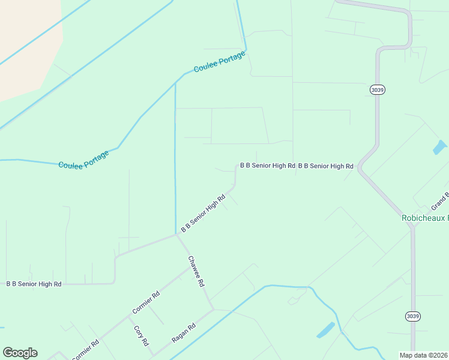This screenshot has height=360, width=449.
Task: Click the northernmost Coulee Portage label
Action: [219, 62]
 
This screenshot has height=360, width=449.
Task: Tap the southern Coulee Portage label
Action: [83, 159]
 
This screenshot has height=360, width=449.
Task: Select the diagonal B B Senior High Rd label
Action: [203, 213]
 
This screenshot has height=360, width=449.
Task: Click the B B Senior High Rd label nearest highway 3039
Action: [325, 166]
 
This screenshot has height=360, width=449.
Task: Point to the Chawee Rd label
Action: [196, 271]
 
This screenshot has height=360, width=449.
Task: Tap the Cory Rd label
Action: [140, 335]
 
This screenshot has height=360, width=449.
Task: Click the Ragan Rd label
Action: [184, 333]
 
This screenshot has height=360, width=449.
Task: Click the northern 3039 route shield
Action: [377, 89]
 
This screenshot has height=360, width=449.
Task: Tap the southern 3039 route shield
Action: [412, 316]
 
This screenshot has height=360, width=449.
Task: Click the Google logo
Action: [20, 353]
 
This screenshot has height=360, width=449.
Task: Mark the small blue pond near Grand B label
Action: [440, 147]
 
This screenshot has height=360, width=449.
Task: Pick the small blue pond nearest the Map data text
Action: [325, 329]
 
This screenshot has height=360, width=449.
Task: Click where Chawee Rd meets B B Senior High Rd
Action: [176, 235]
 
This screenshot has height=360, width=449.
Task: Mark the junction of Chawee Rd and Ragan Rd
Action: [213, 310]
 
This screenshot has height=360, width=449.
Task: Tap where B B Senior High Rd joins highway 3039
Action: [360, 169]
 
